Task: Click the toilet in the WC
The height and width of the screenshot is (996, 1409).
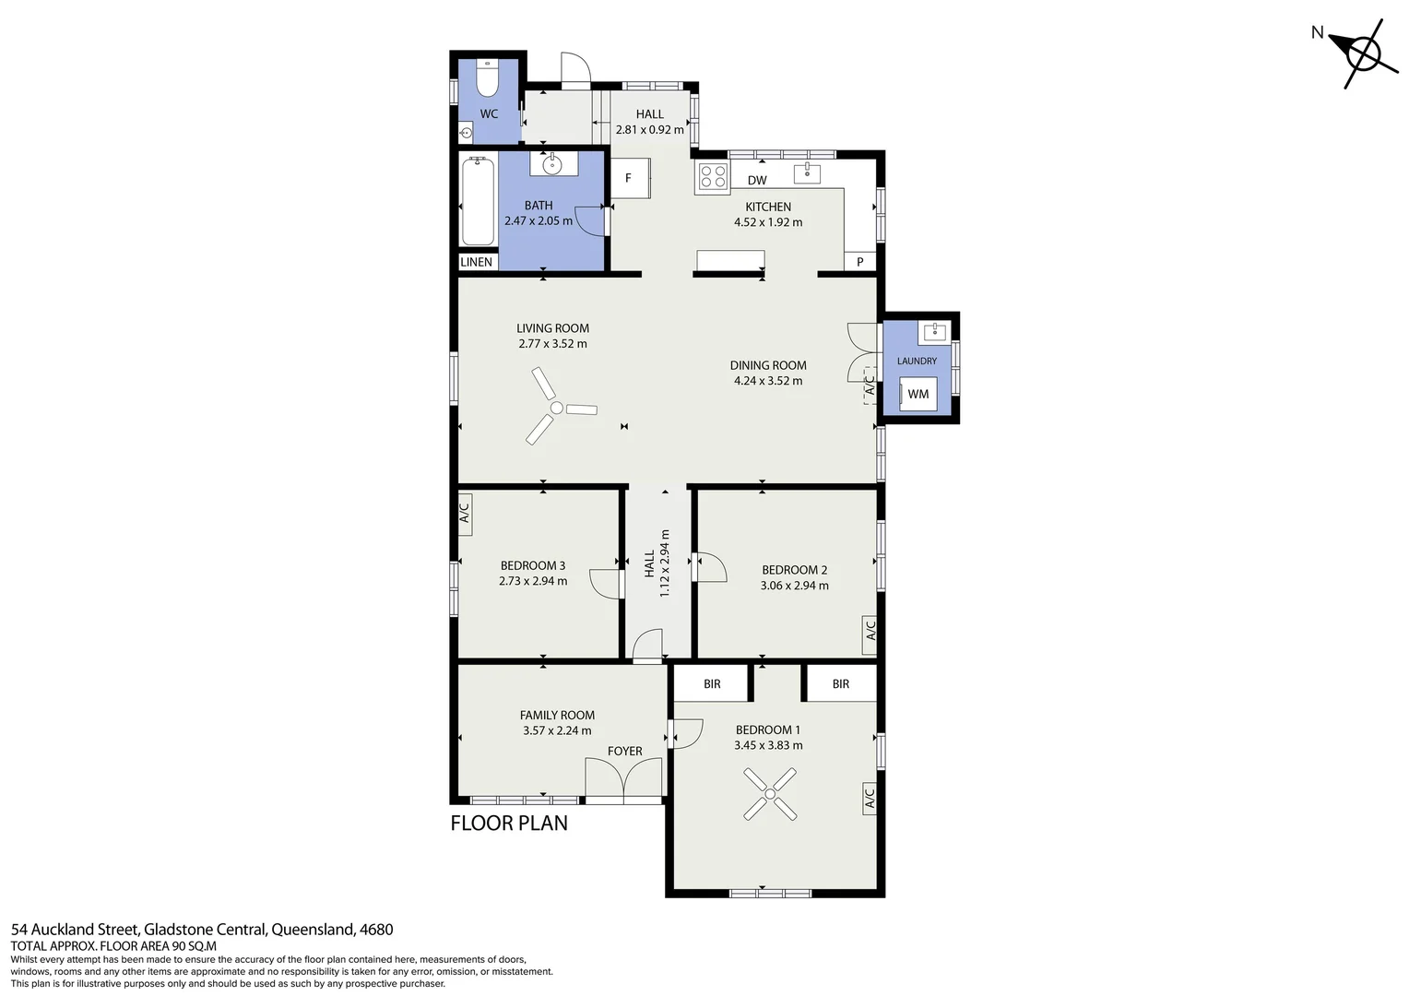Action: click(487, 77)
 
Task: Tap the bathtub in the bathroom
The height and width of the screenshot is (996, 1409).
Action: click(478, 201)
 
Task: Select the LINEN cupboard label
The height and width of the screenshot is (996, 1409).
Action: click(476, 262)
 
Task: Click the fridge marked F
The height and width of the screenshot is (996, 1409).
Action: click(631, 178)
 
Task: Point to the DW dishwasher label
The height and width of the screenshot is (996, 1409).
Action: click(757, 181)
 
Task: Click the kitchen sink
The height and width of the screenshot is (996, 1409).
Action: click(807, 173)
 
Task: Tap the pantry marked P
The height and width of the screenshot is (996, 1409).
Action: click(859, 261)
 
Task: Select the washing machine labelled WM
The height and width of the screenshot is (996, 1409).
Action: click(918, 394)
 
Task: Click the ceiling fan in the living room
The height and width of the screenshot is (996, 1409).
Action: click(557, 407)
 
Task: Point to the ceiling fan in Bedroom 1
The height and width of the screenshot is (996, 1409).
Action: click(770, 794)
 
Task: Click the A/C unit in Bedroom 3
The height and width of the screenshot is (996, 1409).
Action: click(465, 514)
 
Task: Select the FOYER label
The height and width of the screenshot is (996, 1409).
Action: click(624, 751)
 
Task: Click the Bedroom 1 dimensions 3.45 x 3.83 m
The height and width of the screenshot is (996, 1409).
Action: click(768, 745)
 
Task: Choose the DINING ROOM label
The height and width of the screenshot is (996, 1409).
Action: click(768, 365)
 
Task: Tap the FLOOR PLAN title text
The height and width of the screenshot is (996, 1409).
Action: click(509, 823)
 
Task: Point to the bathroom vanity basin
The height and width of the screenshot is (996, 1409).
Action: click(553, 163)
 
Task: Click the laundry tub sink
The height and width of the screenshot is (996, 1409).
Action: click(934, 332)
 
